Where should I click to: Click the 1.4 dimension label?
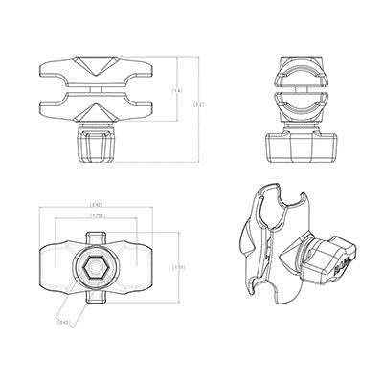coord(175,91)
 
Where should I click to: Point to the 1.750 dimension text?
coord(97,216)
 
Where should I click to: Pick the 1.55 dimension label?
coord(177,267)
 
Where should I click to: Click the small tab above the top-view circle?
coord(97,228)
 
